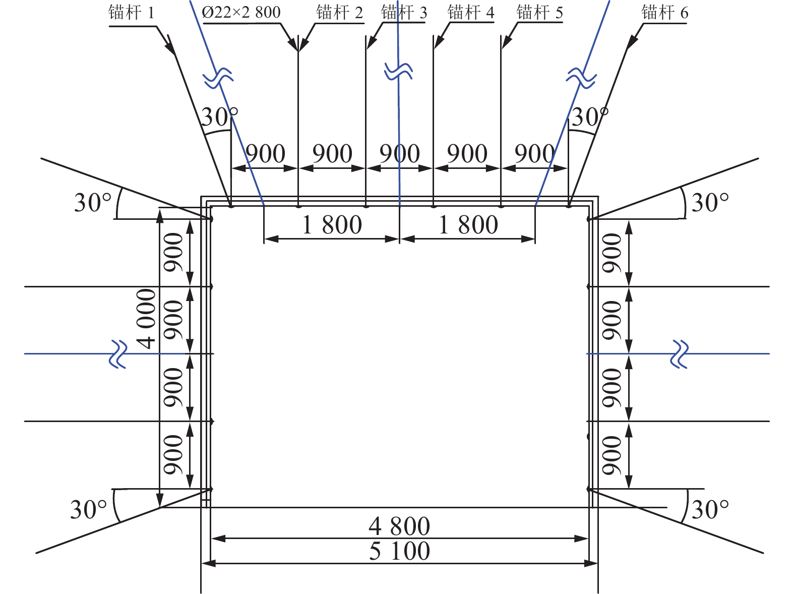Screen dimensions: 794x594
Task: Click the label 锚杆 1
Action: coord(131,13)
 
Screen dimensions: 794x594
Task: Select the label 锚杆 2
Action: coord(339,13)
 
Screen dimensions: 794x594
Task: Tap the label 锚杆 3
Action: coord(404,13)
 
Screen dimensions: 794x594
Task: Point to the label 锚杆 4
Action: coord(471,13)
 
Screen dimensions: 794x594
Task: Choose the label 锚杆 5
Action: coord(540,13)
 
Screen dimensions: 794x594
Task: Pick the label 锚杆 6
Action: coord(665,13)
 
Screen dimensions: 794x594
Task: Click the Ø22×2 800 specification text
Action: coord(241,12)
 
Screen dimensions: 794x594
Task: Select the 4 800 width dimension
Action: coord(399,526)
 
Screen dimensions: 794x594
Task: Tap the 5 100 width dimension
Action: coord(399,551)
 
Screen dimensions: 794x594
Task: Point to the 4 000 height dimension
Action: coord(146,319)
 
